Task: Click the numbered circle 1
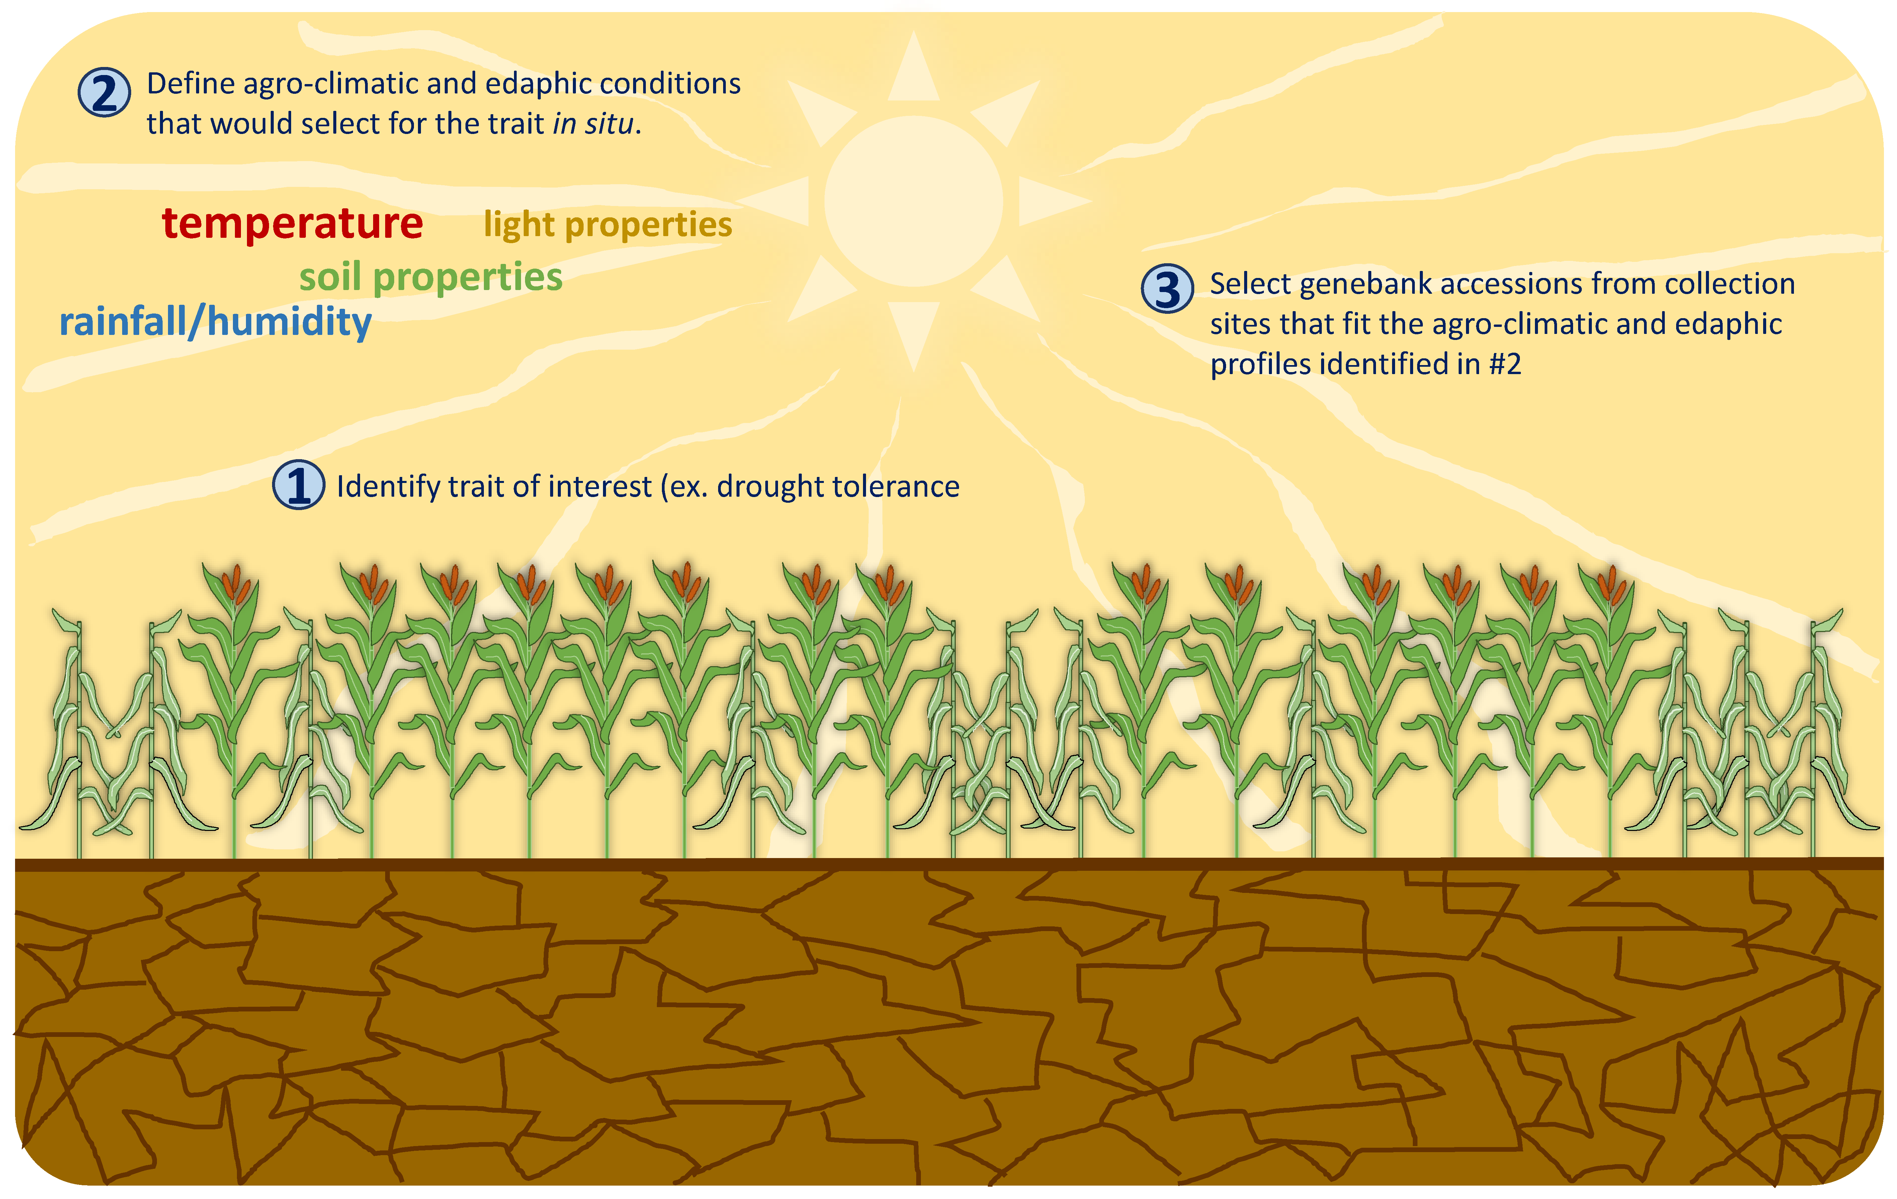coord(298,485)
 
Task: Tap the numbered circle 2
coord(104,92)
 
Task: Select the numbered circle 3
coord(1168,288)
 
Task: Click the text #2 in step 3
coord(1505,364)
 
